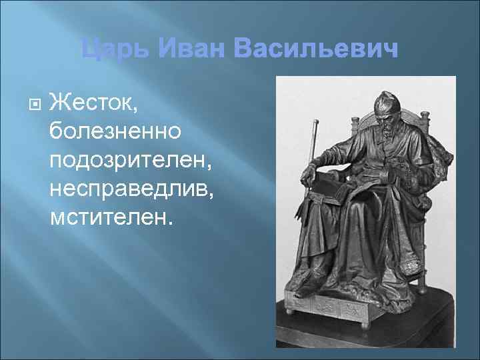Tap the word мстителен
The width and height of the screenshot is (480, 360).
111,217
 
